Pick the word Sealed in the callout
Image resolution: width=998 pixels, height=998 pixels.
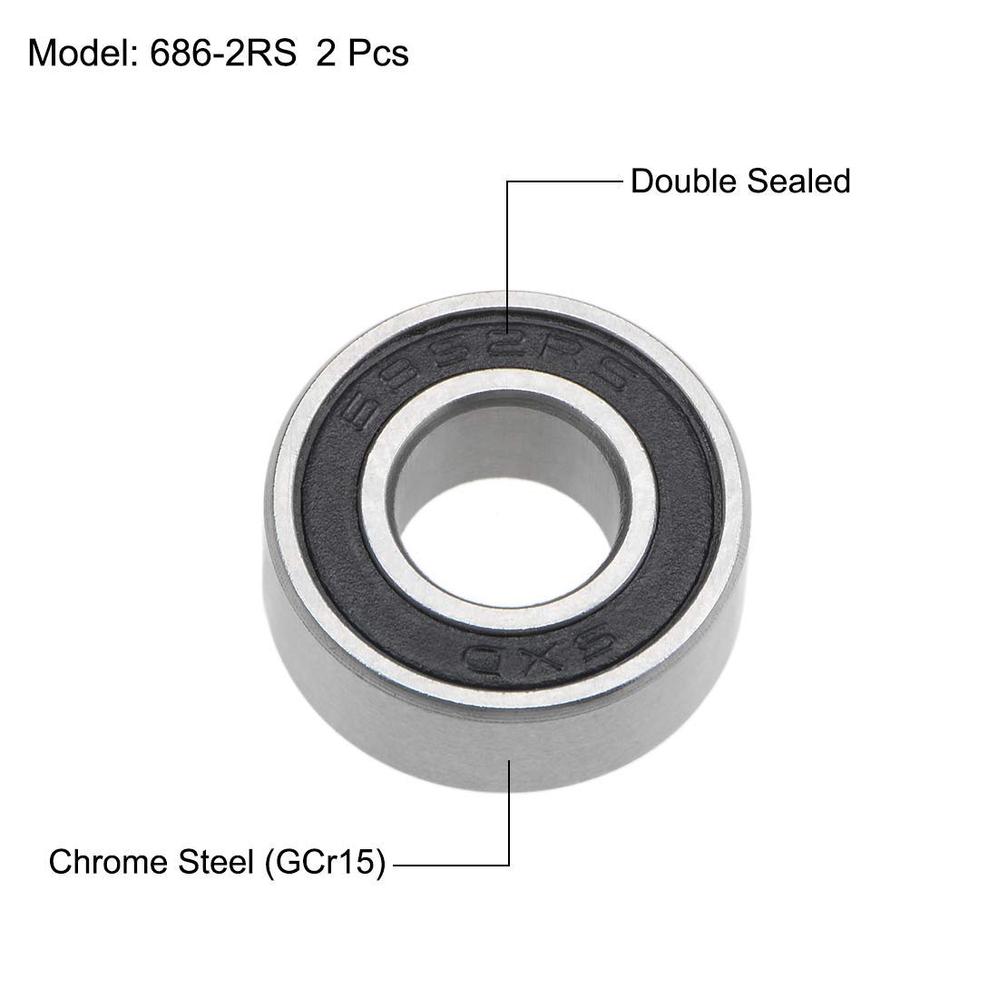pos(798,181)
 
